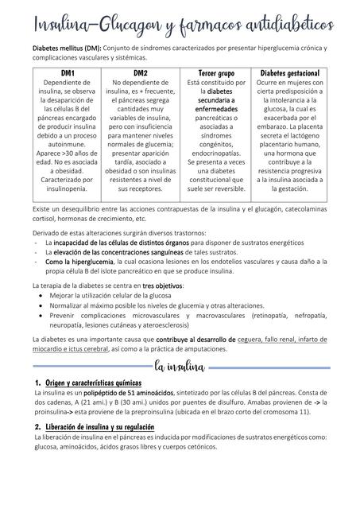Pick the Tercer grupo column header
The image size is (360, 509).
click(216, 73)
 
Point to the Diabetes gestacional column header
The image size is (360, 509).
click(289, 73)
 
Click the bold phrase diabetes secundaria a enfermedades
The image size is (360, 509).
click(216, 107)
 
